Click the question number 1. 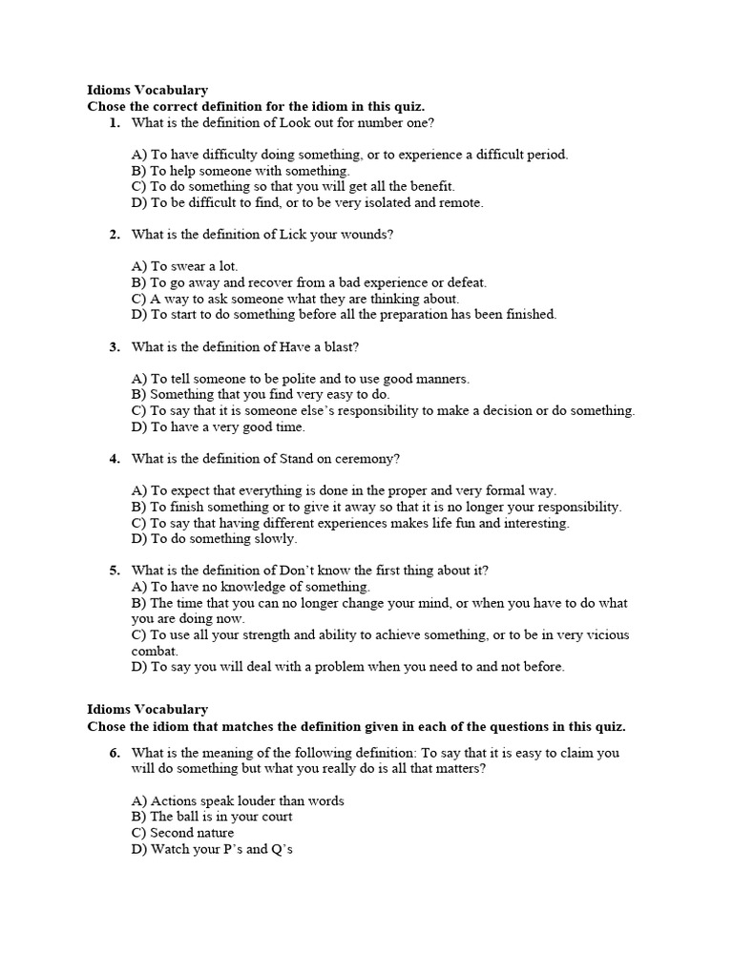click(x=115, y=123)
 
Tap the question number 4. click(x=115, y=459)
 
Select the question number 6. click(x=115, y=753)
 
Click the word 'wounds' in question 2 click(x=366, y=235)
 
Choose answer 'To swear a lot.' click(x=185, y=266)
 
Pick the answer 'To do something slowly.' click(x=215, y=538)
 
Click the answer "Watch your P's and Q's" click(x=212, y=849)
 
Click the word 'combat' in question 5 click(x=154, y=651)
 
